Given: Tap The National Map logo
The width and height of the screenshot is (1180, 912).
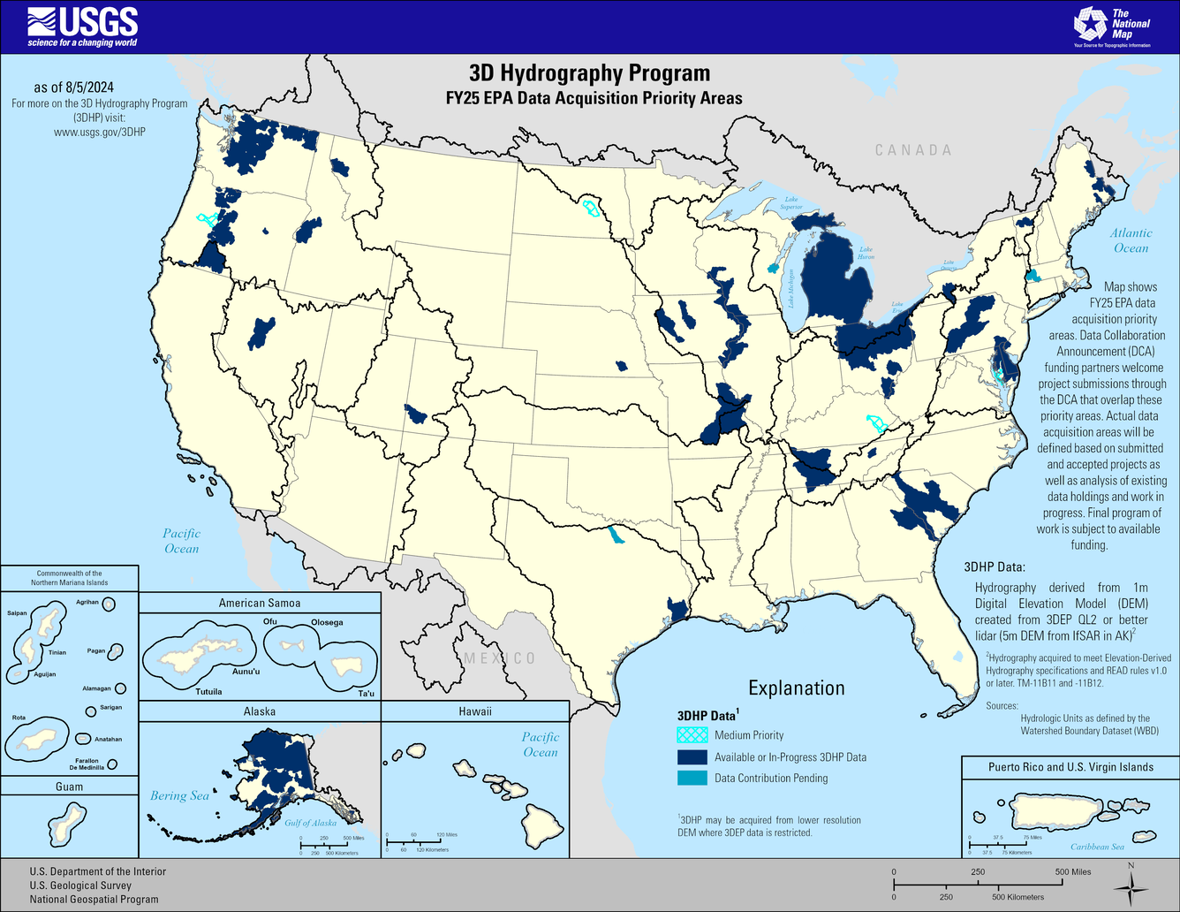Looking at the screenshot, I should pos(1111,27).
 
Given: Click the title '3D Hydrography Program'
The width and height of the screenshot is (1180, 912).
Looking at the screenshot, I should pos(589,73).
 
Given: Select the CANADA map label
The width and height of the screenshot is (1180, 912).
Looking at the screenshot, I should pos(913,150).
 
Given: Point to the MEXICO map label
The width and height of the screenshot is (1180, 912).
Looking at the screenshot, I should pos(500,658).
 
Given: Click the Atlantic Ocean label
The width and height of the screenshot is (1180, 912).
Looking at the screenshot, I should pos(1131,240).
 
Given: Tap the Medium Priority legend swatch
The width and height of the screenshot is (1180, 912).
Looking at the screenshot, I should pos(692,735).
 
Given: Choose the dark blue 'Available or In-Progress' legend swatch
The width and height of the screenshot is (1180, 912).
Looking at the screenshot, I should pos(692,757).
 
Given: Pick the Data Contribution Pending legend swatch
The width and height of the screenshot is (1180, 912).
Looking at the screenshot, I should pos(692,779).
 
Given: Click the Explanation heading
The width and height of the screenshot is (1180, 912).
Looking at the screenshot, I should pos(797,688).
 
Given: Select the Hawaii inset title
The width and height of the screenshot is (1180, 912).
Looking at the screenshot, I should pos(475,711).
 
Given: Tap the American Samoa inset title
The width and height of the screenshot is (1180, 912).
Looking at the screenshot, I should pos(260,603).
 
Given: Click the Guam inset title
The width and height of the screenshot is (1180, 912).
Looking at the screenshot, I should pos(69,787).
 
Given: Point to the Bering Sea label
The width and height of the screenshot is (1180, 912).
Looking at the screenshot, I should pos(179,795).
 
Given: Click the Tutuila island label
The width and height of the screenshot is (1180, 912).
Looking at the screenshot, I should pos(208,692).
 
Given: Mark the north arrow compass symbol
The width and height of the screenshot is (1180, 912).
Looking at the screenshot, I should pos(1131,886).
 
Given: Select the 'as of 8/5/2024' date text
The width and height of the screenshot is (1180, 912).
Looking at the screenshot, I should pos(74,87).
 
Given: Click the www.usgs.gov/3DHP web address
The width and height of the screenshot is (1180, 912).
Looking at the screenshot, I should pos(100,132).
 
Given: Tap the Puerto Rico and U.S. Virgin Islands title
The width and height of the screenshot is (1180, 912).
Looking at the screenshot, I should pos(1070,767).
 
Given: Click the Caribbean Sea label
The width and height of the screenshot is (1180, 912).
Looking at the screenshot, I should pos(1097,847).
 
